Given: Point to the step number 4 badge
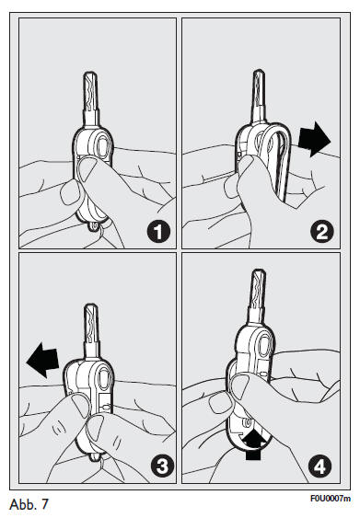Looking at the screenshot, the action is pos(320,466).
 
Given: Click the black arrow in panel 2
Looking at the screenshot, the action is pos(314,140).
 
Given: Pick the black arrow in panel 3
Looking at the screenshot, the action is pos(43,360).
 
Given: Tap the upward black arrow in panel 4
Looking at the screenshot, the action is pos(253,445).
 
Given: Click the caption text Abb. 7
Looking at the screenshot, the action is pos(29,504).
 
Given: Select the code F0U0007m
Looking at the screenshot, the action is pos(331,499).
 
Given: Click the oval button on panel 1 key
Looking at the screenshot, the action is pos(103,146).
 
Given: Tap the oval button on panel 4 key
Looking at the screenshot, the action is pos(264,346).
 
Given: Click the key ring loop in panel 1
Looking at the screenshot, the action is pos(95,226).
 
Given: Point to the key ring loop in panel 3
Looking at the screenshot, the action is pos(95,457).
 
